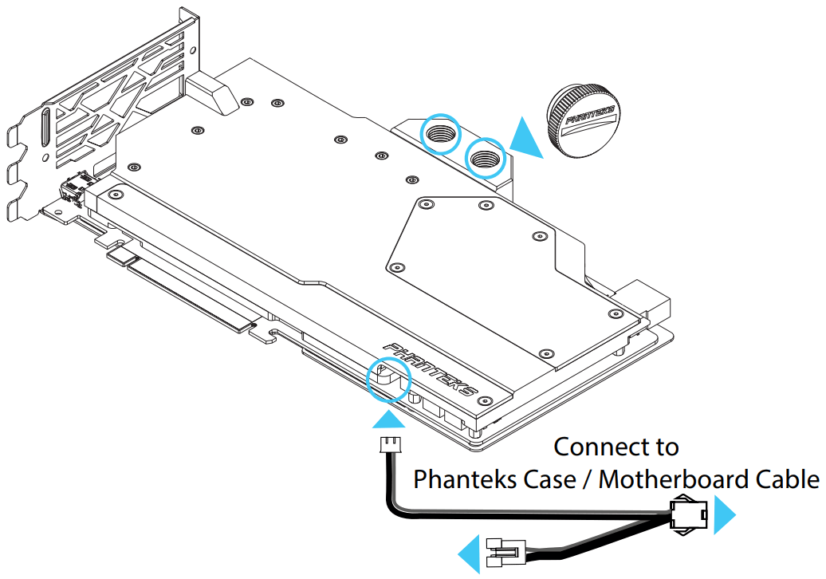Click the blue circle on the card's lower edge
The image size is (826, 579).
pyautogui.click(x=388, y=379)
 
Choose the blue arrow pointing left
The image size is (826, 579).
pyautogui.click(x=470, y=553)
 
